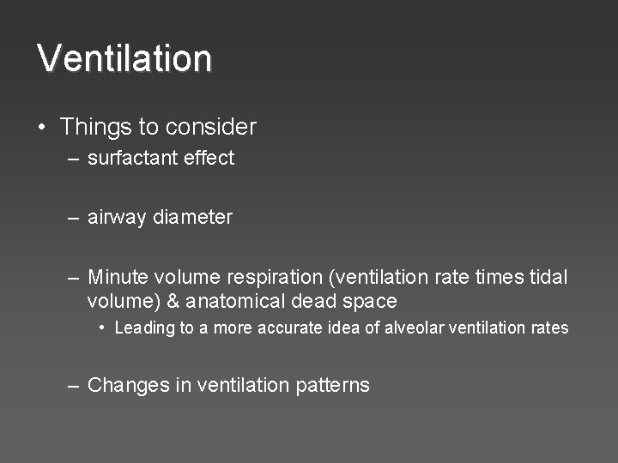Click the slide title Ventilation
pos(124,58)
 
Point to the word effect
pos(209,158)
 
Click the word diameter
pos(192,218)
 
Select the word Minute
pos(118,277)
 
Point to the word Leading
pos(144,328)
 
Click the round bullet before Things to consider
pos(42,128)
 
